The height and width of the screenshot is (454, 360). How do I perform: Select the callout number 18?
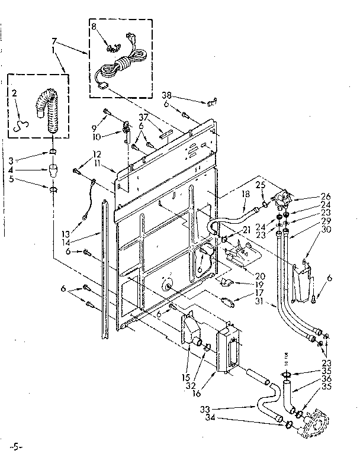pos(245,194)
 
